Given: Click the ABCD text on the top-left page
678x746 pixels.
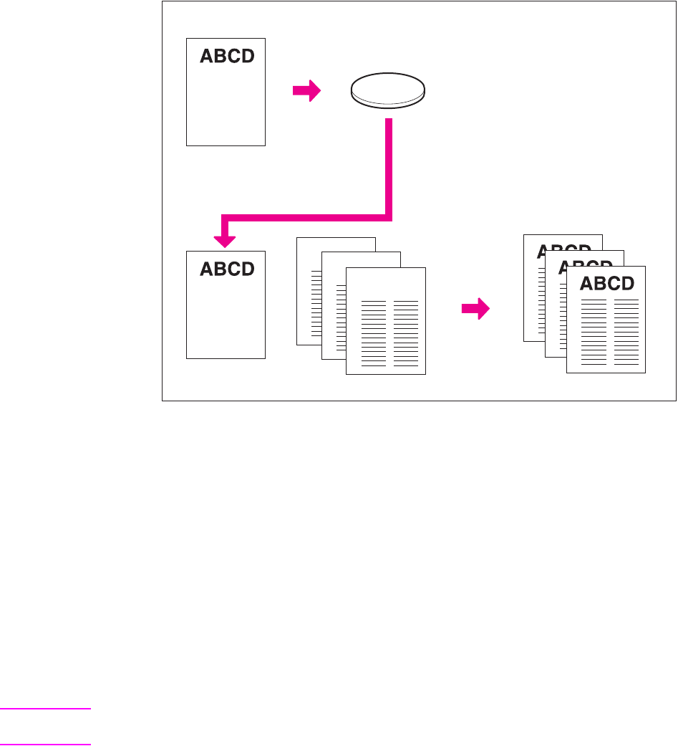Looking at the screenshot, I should (x=227, y=57).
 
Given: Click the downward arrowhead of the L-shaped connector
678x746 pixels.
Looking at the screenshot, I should (x=226, y=236).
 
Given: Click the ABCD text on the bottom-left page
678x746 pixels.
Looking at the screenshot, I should (x=227, y=269).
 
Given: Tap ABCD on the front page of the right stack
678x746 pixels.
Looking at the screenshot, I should (x=607, y=283).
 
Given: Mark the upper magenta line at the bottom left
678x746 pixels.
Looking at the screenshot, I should (x=45, y=709).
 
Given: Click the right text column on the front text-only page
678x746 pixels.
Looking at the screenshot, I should (x=406, y=333).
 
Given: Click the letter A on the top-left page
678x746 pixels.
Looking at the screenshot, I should (x=206, y=57).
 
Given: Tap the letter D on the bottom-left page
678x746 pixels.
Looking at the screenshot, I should (x=246, y=269).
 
